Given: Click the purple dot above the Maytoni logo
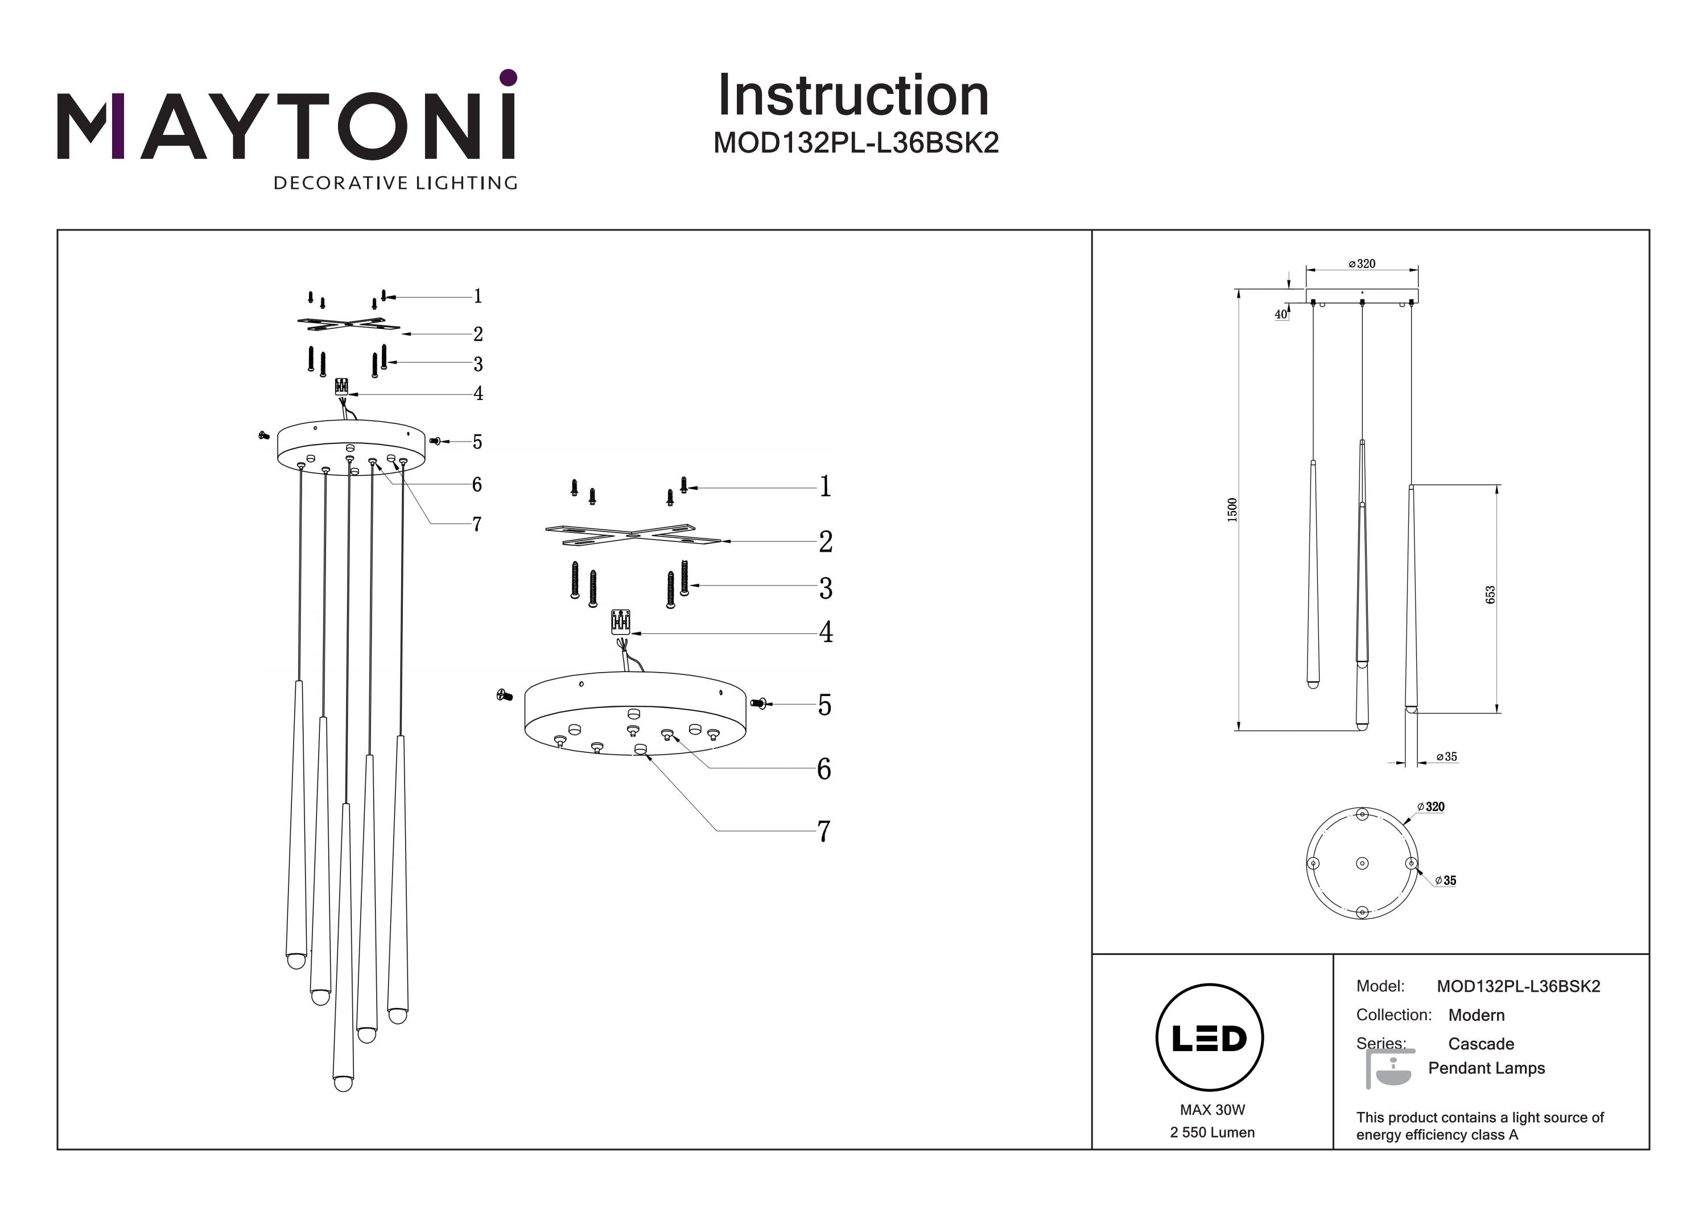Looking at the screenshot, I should tap(509, 77).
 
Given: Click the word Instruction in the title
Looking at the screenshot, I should tap(853, 96).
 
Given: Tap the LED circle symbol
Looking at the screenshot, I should tap(1210, 1037).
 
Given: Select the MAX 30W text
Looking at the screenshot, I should tap(1212, 1110).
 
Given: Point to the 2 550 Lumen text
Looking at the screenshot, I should tap(1212, 1132).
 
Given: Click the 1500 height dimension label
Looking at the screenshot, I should tap(1232, 509).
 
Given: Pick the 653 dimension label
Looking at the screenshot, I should tap(1490, 595).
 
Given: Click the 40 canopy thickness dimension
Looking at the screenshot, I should tap(1280, 315).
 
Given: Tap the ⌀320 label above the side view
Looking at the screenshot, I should tap(1362, 264).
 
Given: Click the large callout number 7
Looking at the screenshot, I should tap(824, 831).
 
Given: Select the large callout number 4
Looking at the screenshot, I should tap(825, 632).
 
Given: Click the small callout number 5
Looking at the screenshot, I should tap(477, 442).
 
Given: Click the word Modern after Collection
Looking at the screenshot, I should tap(1476, 1015).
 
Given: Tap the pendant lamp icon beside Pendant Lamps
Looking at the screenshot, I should tap(1389, 1069).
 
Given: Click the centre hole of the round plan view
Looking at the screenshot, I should tap(1362, 863).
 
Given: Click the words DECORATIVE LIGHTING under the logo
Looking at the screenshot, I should tap(395, 183).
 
